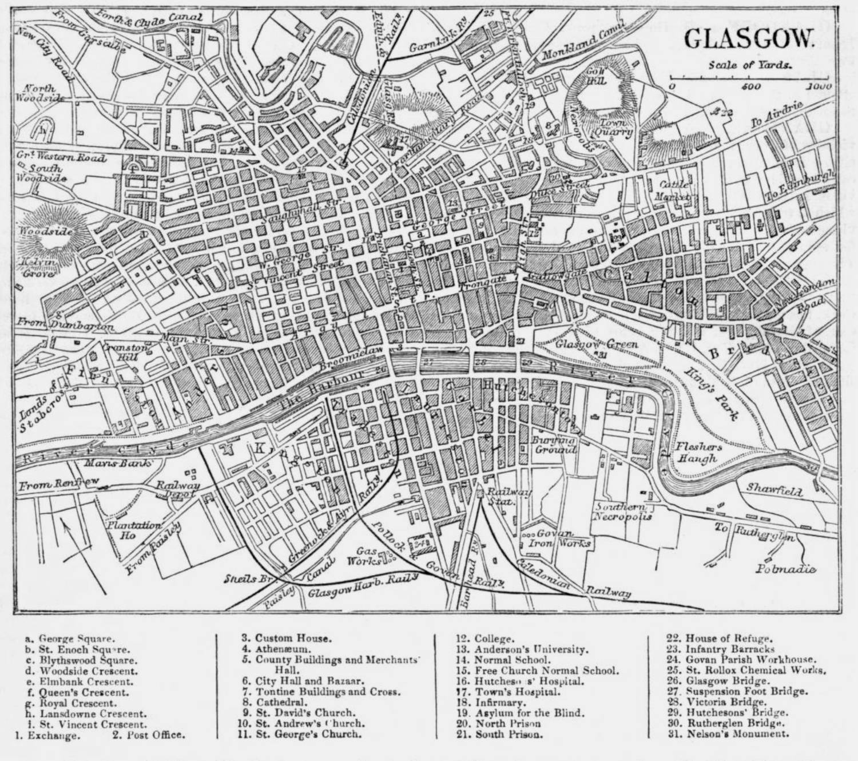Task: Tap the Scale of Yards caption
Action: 750,65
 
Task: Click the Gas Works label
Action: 366,555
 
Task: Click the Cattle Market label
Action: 677,190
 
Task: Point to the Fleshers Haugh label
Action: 698,453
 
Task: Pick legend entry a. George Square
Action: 72,639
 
